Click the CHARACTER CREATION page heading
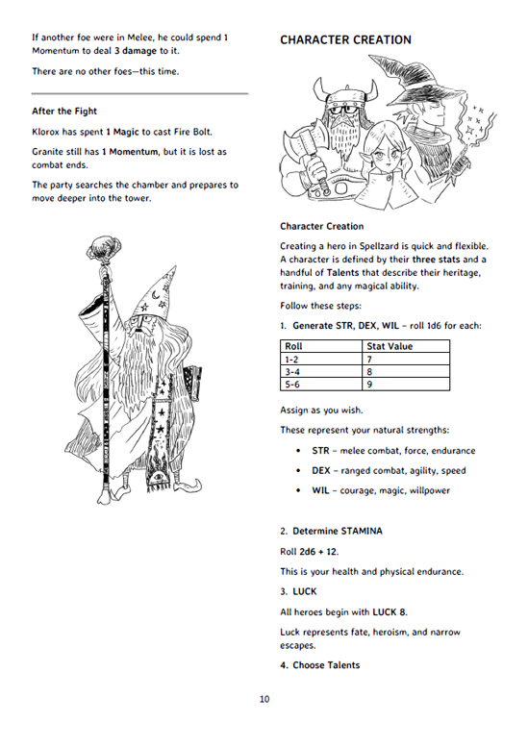pyautogui.click(x=345, y=40)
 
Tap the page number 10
pyautogui.click(x=264, y=699)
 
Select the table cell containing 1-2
pyautogui.click(x=321, y=360)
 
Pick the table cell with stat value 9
pyautogui.click(x=406, y=385)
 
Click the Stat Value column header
pyautogui.click(x=406, y=346)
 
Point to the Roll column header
pyautogui.click(x=321, y=346)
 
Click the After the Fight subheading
pyautogui.click(x=64, y=111)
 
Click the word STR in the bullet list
pyautogui.click(x=320, y=451)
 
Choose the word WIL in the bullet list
pyautogui.click(x=320, y=490)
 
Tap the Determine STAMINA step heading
pyautogui.click(x=338, y=532)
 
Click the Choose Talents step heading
pyautogui.click(x=326, y=665)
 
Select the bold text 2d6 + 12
pyautogui.click(x=318, y=552)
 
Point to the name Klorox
pyautogui.click(x=46, y=132)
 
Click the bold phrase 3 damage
pyautogui.click(x=136, y=51)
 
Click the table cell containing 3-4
pyautogui.click(x=321, y=372)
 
